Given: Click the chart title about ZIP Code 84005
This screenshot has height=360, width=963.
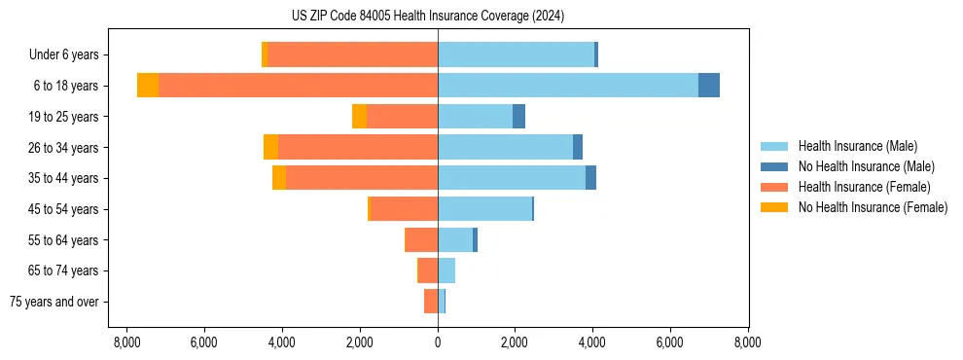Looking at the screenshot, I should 427,17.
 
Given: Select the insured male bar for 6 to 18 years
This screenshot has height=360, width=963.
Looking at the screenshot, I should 568,86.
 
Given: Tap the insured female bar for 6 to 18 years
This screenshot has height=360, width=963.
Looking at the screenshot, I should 298,86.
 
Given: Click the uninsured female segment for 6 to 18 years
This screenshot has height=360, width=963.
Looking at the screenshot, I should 148,86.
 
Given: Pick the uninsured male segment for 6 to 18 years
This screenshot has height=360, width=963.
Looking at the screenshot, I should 709,86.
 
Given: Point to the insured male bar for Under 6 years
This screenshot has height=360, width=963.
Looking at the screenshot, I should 516,54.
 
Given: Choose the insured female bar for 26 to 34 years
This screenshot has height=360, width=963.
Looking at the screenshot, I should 358,147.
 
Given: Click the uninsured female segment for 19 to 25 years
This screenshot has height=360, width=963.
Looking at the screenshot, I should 360,116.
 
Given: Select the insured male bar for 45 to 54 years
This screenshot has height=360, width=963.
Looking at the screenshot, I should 484,208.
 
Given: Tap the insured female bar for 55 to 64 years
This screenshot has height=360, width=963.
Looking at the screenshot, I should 422,239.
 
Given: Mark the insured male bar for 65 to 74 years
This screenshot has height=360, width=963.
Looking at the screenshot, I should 446,270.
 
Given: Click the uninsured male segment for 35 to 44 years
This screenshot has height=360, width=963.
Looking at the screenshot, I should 590,178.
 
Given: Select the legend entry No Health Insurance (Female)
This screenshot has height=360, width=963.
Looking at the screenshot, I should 873,207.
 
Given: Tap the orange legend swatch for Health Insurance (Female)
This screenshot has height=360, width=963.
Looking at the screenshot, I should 774,187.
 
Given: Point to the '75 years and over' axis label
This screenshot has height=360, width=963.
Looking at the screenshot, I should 54,302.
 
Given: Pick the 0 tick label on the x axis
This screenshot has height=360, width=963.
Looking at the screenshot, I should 438,342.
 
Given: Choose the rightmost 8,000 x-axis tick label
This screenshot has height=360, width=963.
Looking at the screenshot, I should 748,342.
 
